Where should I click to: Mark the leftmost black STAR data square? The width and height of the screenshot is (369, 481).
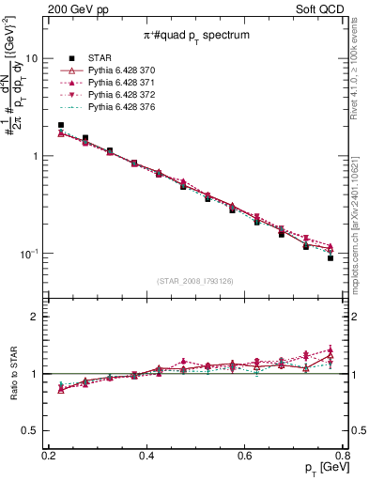(61, 125)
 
